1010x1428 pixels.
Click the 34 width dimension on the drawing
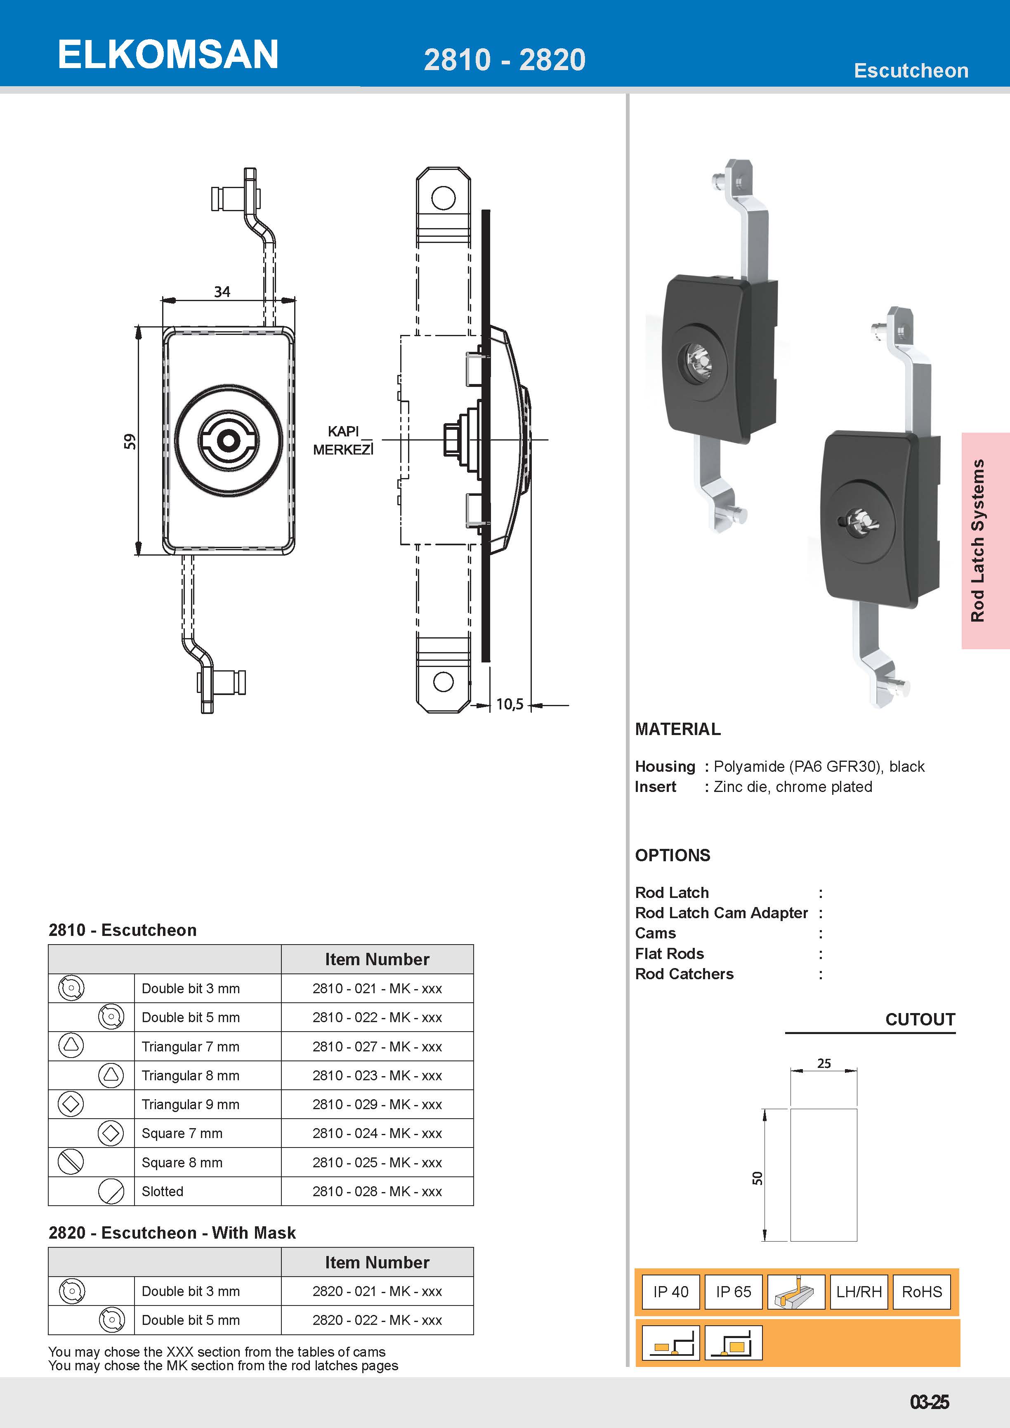click(222, 292)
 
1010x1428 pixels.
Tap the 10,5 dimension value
click(510, 704)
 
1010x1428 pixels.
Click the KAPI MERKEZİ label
click(343, 441)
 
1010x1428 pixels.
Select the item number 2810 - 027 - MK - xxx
click(377, 1047)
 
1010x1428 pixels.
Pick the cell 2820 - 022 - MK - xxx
click(377, 1320)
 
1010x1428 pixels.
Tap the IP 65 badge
click(733, 1292)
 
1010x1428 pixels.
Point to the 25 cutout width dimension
click(824, 1063)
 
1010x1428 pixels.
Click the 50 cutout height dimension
click(757, 1178)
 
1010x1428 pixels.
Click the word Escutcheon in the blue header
click(911, 71)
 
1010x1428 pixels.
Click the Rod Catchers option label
click(684, 974)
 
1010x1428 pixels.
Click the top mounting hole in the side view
click(443, 198)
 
